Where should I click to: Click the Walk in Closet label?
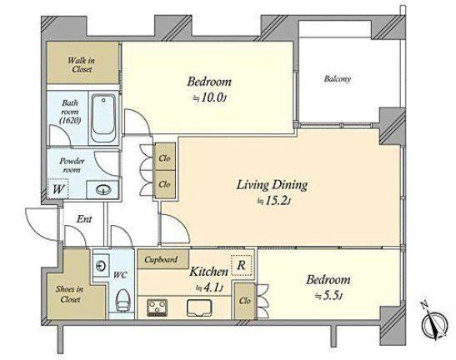pyautogui.click(x=81, y=65)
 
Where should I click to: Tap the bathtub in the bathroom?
pyautogui.click(x=103, y=117)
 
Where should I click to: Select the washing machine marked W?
pyautogui.click(x=58, y=188)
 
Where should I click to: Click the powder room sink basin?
pyautogui.click(x=103, y=190)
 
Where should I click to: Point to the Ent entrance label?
pyautogui.click(x=84, y=219)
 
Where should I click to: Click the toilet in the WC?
pyautogui.click(x=122, y=300)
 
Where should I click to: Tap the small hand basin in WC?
pyautogui.click(x=101, y=266)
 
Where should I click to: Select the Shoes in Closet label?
pyautogui.click(x=69, y=294)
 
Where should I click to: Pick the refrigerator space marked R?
pyautogui.click(x=242, y=265)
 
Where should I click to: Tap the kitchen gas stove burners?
pyautogui.click(x=157, y=307)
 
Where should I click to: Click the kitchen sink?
pyautogui.click(x=199, y=308)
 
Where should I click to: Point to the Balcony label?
pyautogui.click(x=338, y=79)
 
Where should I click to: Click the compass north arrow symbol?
pyautogui.click(x=433, y=322)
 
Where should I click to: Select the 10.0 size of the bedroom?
pyautogui.click(x=213, y=97)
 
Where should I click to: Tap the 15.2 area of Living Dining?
pyautogui.click(x=277, y=201)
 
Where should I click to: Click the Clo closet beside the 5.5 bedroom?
pyautogui.click(x=245, y=301)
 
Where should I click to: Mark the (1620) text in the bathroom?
pyautogui.click(x=70, y=120)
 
